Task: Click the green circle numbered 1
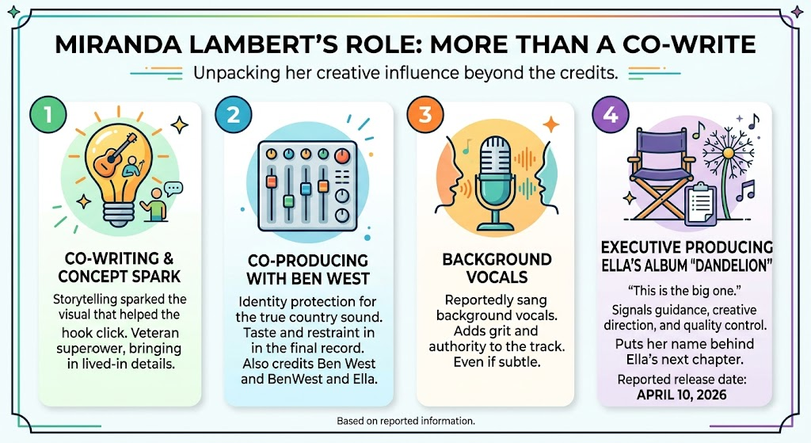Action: [48, 115]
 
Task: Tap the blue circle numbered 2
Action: [234, 115]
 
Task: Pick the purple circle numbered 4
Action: [611, 115]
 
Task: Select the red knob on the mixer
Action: [342, 155]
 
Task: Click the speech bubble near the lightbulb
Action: [173, 189]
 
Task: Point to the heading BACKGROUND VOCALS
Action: [497, 268]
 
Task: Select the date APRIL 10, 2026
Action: [682, 395]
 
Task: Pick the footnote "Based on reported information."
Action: [405, 421]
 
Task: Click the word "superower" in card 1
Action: [86, 349]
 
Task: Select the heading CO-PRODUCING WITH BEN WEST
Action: [308, 269]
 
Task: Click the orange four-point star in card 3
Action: [551, 124]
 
